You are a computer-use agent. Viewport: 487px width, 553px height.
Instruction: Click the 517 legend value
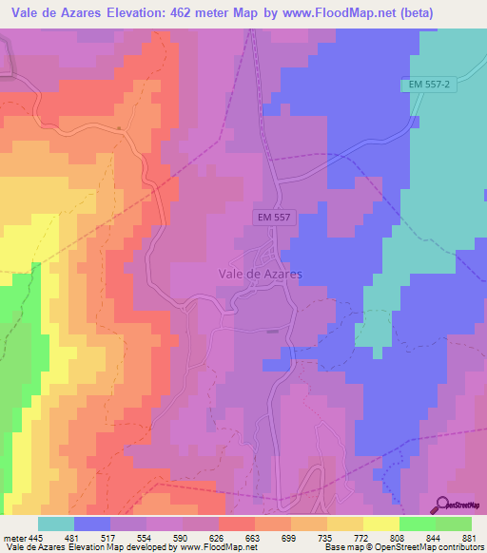[x=93, y=539]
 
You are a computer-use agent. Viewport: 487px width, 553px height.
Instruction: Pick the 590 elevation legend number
[x=165, y=539]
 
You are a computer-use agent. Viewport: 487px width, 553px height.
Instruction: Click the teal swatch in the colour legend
[x=56, y=524]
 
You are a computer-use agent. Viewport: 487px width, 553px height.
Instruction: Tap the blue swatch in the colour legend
[x=92, y=524]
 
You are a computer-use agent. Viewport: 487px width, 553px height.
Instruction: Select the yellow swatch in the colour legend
[x=381, y=524]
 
